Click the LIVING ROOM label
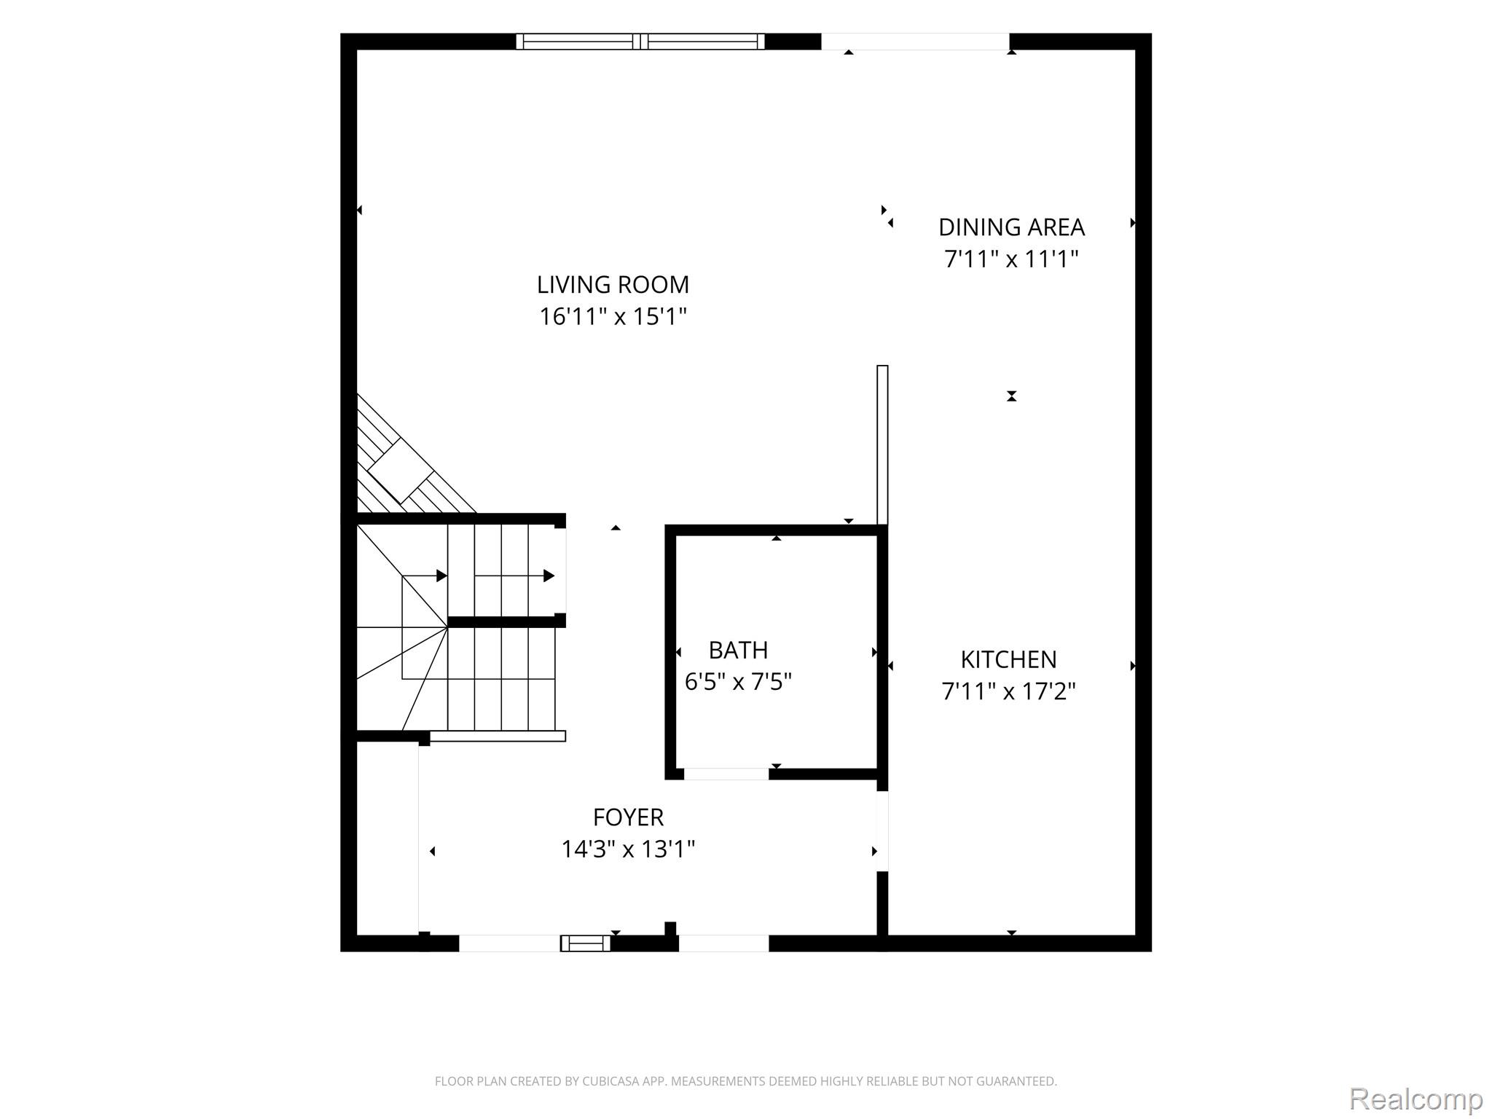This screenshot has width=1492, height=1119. point(613,284)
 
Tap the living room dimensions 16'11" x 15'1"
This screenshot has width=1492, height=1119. point(613,316)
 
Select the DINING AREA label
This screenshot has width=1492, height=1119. point(1011,227)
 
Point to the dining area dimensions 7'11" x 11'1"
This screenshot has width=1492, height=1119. point(1011,259)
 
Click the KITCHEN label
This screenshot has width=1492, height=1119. point(1008,659)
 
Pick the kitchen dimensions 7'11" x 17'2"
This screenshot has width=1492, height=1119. point(1008,691)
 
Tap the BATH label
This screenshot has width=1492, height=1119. point(738,650)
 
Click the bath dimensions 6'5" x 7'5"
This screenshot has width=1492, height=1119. point(738,681)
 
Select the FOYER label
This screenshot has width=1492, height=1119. point(628,817)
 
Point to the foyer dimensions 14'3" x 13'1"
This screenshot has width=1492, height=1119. point(628,849)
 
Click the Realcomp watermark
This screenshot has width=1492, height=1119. point(1416,1098)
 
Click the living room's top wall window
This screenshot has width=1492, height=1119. point(640,42)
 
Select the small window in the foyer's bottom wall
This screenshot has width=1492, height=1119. point(585,943)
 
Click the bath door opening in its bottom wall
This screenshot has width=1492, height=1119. point(726,774)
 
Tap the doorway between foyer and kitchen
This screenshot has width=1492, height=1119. point(882,831)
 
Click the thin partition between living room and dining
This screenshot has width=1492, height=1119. point(882,445)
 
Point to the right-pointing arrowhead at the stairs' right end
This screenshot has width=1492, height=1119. point(549,576)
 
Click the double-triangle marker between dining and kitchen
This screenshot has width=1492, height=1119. point(1011,396)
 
